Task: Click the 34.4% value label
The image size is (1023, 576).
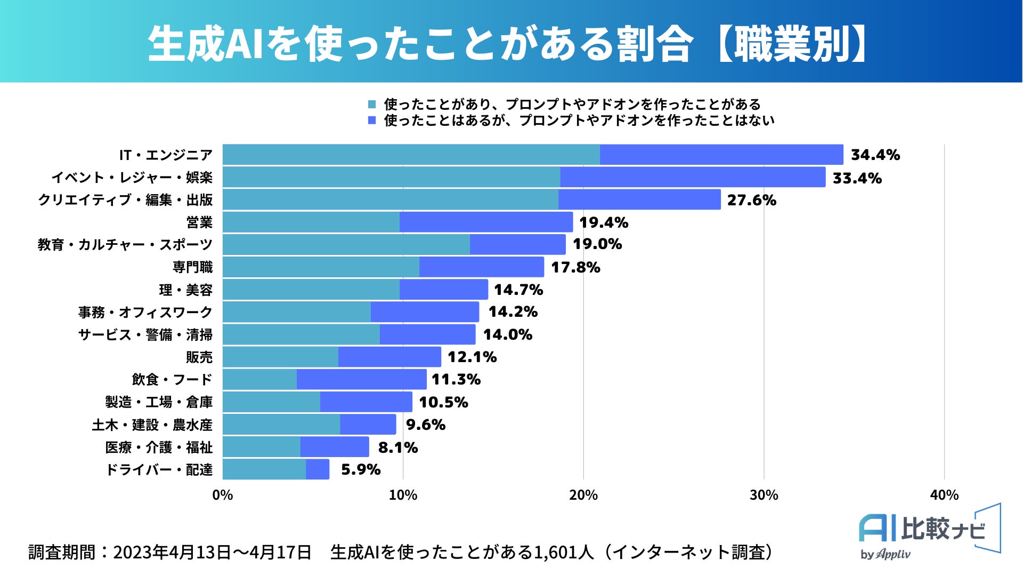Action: point(875,155)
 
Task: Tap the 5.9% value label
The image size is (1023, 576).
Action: point(361,469)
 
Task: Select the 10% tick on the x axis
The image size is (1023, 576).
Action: point(403,495)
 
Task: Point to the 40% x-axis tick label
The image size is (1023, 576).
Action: point(944,495)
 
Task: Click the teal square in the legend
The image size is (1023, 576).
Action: point(372,105)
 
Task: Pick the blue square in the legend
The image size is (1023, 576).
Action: point(372,121)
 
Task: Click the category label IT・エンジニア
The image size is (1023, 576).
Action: point(166,155)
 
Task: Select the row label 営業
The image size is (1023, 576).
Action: point(199,222)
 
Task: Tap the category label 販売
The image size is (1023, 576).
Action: point(199,357)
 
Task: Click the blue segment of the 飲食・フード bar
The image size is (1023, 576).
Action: point(361,379)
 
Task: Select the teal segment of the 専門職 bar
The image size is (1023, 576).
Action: point(321,267)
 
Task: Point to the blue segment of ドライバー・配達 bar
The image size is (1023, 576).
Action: point(318,469)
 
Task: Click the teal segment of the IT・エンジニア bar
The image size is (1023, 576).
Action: point(411,155)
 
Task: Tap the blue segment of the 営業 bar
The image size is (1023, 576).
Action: point(486,222)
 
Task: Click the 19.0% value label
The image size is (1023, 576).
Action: point(597,244)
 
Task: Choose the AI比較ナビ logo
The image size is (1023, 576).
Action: point(929,531)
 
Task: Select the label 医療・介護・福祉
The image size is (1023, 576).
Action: point(159,447)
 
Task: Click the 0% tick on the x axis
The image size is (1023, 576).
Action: point(223,495)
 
